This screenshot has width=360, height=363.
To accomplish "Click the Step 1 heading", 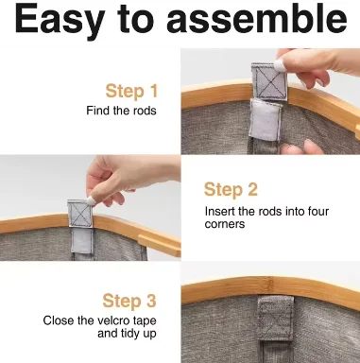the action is (131, 91).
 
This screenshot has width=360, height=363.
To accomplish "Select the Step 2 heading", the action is (231, 190).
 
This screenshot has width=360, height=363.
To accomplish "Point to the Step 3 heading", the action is (129, 301).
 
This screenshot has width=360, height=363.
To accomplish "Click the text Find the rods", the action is (121, 111).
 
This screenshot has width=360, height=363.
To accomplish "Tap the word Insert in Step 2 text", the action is (220, 211).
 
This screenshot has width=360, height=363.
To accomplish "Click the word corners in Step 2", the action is (225, 224).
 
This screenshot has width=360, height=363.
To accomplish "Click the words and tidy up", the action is (127, 334).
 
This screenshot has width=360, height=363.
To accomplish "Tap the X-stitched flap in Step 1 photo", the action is (270, 81).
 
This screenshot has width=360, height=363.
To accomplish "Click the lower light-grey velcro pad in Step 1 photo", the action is (266, 120).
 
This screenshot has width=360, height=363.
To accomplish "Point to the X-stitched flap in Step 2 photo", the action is (80, 214).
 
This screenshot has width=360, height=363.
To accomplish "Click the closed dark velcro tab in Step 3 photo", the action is (276, 319).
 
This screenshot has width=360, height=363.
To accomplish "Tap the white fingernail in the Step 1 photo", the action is (280, 65).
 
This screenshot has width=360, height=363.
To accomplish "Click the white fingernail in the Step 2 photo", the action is (90, 200).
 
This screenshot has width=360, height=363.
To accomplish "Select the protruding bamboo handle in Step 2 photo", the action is (160, 245).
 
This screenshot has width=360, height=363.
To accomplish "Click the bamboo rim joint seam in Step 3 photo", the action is (269, 285).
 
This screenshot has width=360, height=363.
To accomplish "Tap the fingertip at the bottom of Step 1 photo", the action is (314, 147).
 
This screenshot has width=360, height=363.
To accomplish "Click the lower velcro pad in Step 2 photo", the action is (82, 240).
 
